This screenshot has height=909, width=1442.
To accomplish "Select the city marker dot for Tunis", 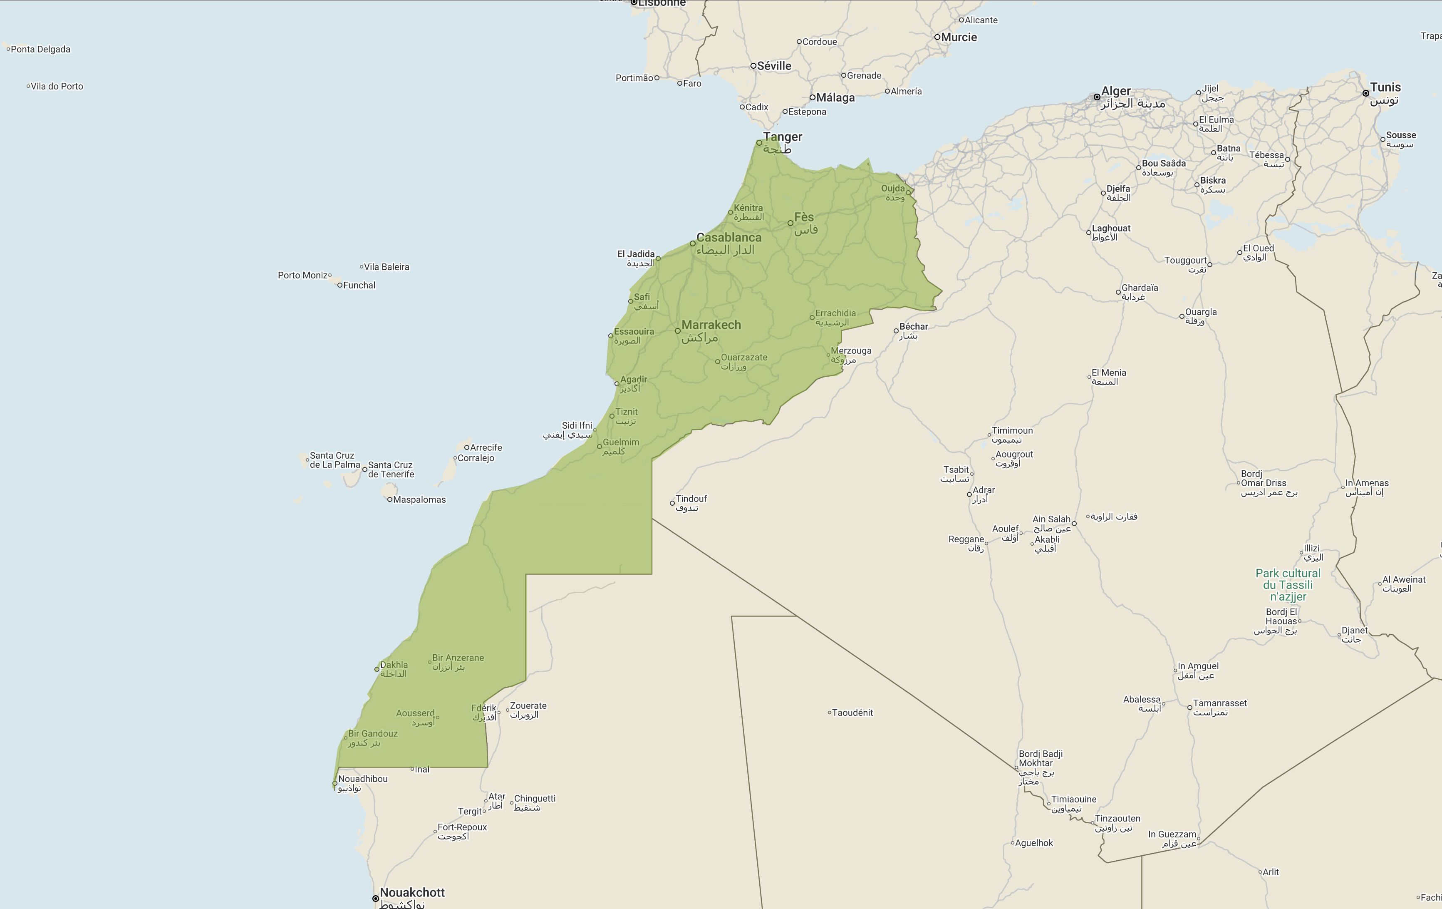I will click(x=1365, y=94).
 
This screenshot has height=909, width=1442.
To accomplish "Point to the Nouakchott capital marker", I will click(x=375, y=898).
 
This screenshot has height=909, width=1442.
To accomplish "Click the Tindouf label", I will click(x=691, y=499).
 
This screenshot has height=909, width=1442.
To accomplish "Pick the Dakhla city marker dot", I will click(x=377, y=669).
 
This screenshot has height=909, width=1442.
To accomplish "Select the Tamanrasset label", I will click(x=1219, y=703).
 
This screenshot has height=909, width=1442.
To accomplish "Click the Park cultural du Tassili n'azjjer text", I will click(x=1288, y=585).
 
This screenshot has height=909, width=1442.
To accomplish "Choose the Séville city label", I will click(x=774, y=66).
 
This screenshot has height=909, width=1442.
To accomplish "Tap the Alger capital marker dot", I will click(x=1096, y=97).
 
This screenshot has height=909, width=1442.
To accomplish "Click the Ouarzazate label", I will click(x=744, y=358).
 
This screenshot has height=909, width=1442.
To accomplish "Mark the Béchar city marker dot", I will click(x=896, y=331).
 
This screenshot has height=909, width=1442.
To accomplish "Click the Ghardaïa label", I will click(x=1139, y=288).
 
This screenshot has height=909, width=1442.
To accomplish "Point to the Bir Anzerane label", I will click(x=458, y=658).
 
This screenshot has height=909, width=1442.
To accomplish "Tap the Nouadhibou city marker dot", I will click(x=335, y=783).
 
